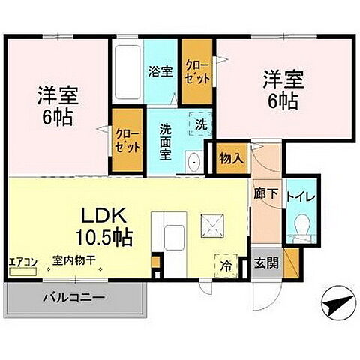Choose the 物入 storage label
229,158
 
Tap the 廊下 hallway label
266,193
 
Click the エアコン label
22,262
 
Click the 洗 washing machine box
201,124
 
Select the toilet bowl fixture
301,223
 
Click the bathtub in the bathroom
128,73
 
